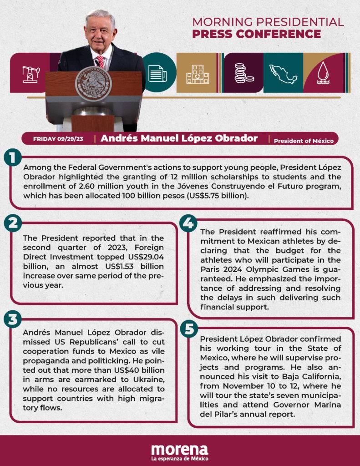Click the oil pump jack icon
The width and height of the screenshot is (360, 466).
[30, 73]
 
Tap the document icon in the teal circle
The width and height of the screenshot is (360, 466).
[157, 73]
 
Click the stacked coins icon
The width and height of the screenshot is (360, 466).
[243, 73]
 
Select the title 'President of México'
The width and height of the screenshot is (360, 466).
[304, 141]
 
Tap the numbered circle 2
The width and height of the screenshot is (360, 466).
[13, 223]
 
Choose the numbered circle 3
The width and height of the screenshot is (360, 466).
[13, 319]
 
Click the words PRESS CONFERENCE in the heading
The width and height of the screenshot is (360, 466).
[256, 34]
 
